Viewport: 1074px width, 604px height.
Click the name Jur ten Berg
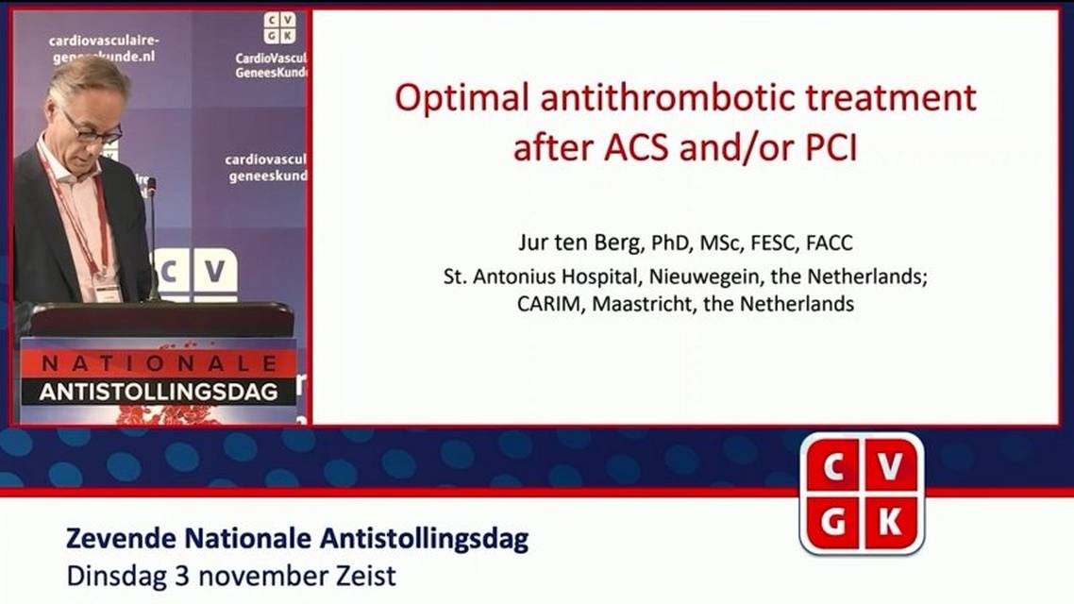pyautogui.click(x=579, y=243)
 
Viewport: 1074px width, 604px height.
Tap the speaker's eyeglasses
pyautogui.click(x=92, y=130)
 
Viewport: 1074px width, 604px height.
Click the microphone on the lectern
pyautogui.click(x=150, y=189)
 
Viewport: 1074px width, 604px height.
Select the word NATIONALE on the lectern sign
pyautogui.click(x=158, y=363)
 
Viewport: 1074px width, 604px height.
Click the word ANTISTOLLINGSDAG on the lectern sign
pyautogui.click(x=158, y=391)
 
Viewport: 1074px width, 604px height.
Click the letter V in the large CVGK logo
pyautogui.click(x=892, y=465)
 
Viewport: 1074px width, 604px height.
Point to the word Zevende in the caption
pyautogui.click(x=120, y=540)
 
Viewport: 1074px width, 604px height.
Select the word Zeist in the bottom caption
pyautogui.click(x=364, y=574)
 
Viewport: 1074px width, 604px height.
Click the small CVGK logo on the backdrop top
pyautogui.click(x=278, y=27)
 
